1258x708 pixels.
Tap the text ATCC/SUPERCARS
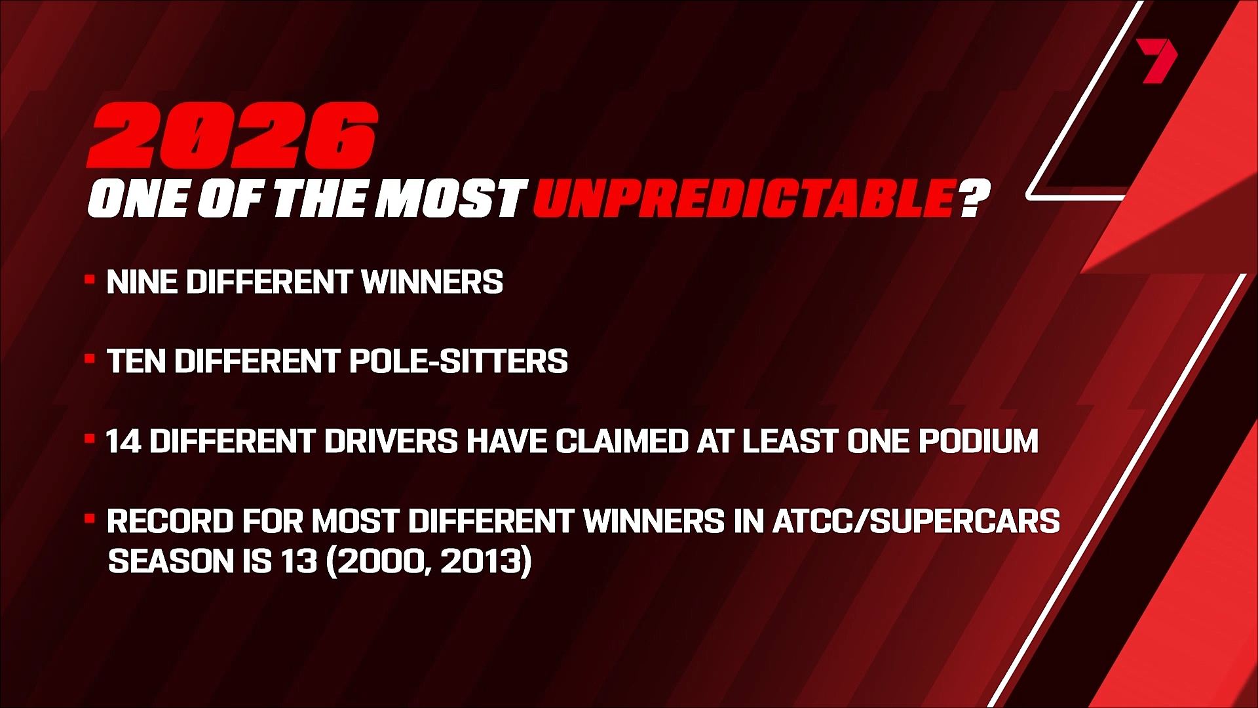pyautogui.click(x=916, y=521)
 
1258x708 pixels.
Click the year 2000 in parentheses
pyautogui.click(x=378, y=562)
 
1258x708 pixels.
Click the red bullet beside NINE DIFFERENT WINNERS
pyautogui.click(x=89, y=279)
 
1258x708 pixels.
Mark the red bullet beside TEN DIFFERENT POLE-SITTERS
pyautogui.click(x=89, y=359)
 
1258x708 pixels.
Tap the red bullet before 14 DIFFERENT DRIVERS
pyautogui.click(x=89, y=439)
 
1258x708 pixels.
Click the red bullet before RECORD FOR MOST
pyautogui.click(x=89, y=519)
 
